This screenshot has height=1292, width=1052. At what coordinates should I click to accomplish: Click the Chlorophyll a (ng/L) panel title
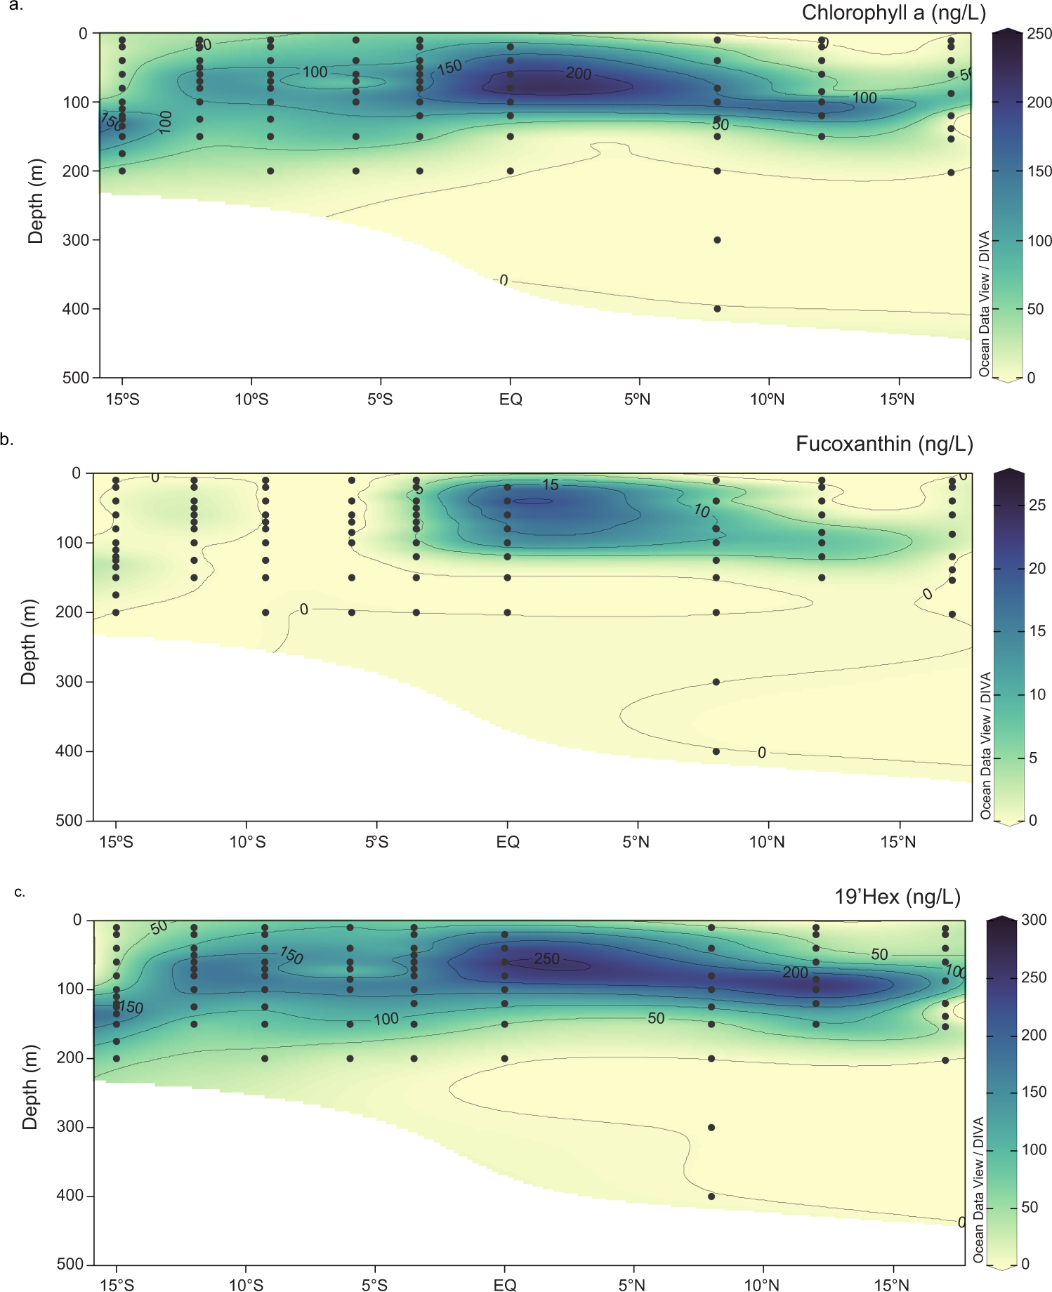(x=893, y=13)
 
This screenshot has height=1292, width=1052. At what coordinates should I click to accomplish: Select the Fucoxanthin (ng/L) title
(x=884, y=444)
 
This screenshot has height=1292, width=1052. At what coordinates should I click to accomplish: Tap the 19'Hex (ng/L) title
(x=897, y=897)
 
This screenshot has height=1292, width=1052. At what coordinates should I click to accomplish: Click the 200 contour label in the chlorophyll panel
(x=579, y=74)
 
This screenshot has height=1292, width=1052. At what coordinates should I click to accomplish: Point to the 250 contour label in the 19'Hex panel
(x=547, y=958)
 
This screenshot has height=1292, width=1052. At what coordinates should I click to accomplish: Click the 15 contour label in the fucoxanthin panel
(x=551, y=485)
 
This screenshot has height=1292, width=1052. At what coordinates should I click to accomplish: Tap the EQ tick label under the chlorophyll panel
(x=511, y=400)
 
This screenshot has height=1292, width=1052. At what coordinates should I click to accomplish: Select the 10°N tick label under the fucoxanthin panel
(x=766, y=842)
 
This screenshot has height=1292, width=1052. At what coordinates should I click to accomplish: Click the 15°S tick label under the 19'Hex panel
(x=117, y=1285)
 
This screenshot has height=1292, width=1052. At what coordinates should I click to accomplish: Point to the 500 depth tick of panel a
(x=76, y=378)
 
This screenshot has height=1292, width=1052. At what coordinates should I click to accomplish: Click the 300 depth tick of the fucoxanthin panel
(x=70, y=682)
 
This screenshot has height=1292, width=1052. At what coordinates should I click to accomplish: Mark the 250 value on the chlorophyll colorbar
(x=1039, y=34)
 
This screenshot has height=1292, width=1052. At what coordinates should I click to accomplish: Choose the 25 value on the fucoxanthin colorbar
(x=1037, y=506)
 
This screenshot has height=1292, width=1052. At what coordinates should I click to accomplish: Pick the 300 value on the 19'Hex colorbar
(x=1034, y=920)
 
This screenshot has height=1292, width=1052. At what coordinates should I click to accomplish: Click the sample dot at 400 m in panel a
(x=717, y=309)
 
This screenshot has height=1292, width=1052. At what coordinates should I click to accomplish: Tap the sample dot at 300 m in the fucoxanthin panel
(x=716, y=682)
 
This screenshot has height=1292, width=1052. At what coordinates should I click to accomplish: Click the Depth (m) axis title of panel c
(x=29, y=1087)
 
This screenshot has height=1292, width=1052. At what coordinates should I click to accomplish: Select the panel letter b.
(x=7, y=440)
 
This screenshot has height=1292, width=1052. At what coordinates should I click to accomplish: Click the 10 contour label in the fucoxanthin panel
(x=702, y=510)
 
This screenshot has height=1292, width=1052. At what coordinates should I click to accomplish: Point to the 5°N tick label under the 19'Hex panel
(x=632, y=1285)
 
